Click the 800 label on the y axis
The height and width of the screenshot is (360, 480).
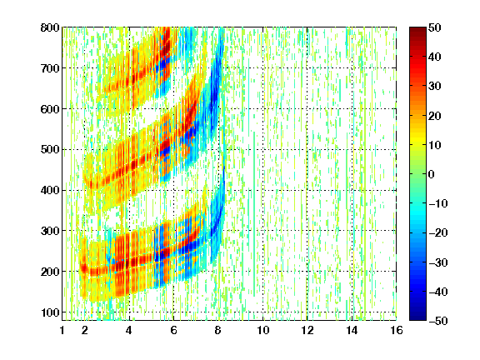(50, 27)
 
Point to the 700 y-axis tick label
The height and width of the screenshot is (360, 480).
(50, 68)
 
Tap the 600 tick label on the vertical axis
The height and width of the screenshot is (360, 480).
(50, 109)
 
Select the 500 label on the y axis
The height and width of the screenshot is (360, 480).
(50, 150)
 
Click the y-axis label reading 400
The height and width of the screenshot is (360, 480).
(50, 190)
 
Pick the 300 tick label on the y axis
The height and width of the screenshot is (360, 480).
(50, 231)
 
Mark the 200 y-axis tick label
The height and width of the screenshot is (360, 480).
(50, 272)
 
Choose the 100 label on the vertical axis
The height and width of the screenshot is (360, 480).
(50, 312)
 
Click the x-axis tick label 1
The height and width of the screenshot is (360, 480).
(62, 330)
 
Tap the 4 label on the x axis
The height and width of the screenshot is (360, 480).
(129, 330)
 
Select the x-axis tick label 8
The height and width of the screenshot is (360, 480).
(218, 330)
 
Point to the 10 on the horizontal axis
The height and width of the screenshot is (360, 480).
(263, 330)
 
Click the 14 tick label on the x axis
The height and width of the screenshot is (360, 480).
(352, 330)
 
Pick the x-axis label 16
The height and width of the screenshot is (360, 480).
(397, 330)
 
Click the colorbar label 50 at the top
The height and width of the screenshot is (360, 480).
(434, 27)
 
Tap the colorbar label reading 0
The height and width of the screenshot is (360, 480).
(431, 174)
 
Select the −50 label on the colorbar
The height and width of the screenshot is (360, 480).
(438, 321)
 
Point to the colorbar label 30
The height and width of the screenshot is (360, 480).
(434, 87)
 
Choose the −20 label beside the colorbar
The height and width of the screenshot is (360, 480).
(438, 233)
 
